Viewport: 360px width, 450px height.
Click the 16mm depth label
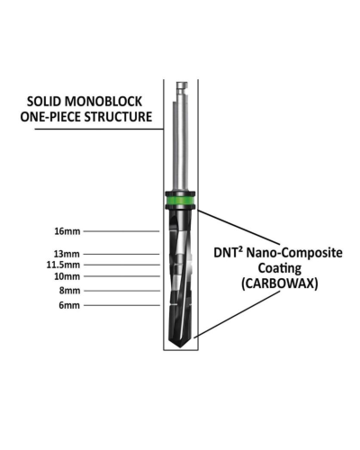67,231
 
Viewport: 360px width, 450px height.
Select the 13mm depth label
67,254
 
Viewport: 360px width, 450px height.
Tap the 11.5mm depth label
63,265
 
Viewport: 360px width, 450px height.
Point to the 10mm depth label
67,276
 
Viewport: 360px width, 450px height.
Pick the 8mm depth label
69,291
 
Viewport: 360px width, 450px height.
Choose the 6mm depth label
69,305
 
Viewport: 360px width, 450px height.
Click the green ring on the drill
180,200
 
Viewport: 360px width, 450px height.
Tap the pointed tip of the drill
180,346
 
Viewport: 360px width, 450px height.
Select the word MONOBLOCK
103,102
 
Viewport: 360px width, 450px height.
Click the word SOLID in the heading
44,102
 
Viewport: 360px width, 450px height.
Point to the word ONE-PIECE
50,117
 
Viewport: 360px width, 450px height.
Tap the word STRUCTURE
118,117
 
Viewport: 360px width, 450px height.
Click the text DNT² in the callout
228,253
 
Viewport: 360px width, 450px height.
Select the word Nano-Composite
294,253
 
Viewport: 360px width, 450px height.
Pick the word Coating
280,268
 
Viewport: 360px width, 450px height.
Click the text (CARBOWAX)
280,283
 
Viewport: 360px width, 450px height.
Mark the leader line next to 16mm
121,231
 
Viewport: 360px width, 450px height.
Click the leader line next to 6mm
121,305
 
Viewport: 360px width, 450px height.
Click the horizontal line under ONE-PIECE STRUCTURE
99,129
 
